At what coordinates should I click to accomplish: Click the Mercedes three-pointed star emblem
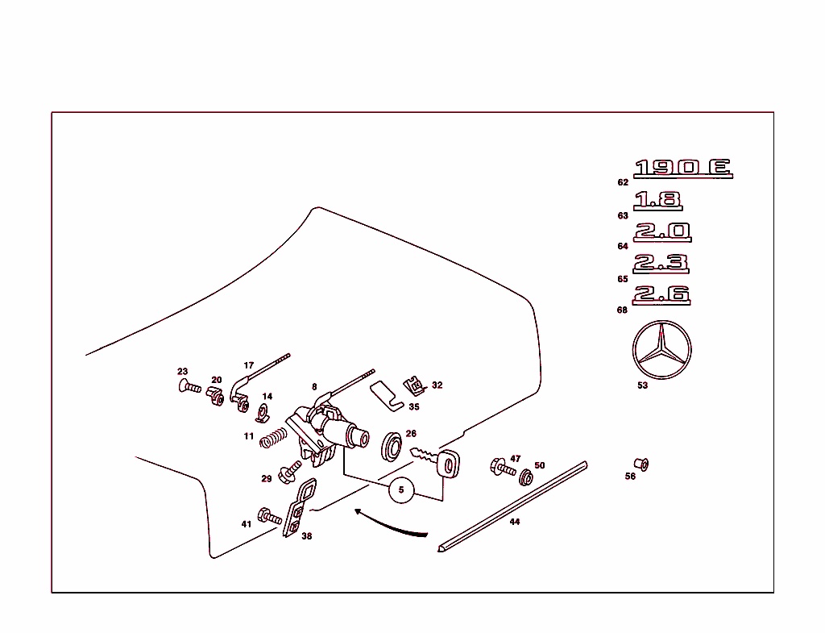662,352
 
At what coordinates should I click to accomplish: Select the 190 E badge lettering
682,168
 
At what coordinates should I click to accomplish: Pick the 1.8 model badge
657,200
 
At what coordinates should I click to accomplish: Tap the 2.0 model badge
662,231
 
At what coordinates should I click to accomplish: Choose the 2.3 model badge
661,263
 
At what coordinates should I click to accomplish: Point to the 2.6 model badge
661,294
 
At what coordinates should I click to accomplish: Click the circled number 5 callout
402,489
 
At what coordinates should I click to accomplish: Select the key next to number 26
435,461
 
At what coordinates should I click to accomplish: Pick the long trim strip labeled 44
512,506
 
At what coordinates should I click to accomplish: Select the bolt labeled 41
269,517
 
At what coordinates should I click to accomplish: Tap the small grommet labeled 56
642,464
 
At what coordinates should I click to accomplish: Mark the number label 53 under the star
642,386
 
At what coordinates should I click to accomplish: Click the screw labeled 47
502,467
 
